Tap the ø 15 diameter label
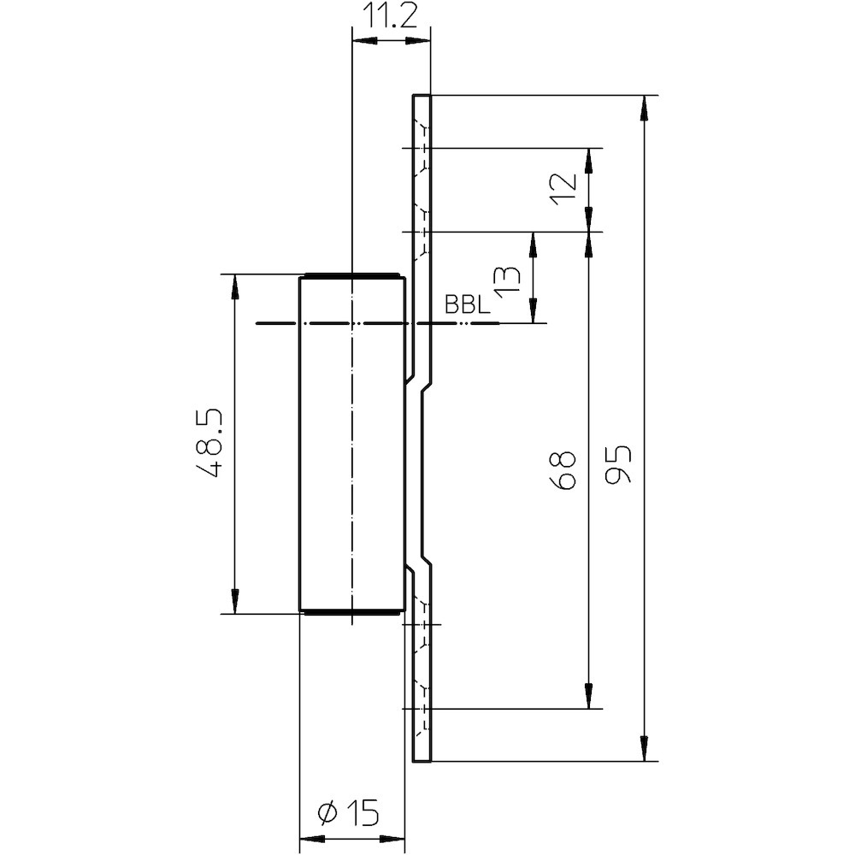click(349, 812)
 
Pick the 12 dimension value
click(563, 189)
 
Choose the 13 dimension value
click(507, 279)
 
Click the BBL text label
click(466, 305)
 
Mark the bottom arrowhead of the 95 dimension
click(644, 750)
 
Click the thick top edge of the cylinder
click(351, 275)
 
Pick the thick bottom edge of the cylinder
click(351, 612)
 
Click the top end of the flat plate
click(422, 96)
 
